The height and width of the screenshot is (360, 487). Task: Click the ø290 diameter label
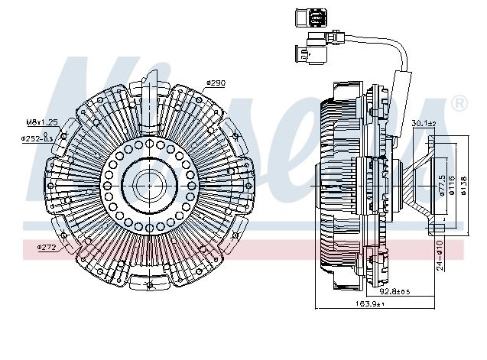click(215, 83)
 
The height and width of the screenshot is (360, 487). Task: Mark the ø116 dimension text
click(451, 183)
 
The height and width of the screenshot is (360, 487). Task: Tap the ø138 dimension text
click(463, 183)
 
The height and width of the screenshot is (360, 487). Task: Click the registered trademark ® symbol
click(459, 102)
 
